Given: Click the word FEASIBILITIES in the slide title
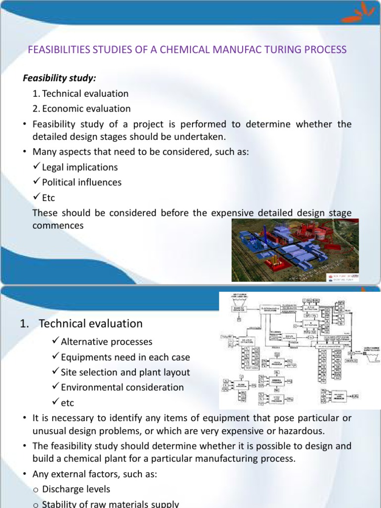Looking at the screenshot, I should [58, 50].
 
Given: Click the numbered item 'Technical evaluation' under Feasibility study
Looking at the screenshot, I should [85, 94].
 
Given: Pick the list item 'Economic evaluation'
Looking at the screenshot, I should [86, 109].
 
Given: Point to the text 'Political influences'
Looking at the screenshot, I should [82, 182].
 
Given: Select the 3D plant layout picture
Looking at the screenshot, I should [295, 250].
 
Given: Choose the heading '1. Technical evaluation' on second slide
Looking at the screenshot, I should [81, 324].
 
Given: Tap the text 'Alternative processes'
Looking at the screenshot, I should [107, 342].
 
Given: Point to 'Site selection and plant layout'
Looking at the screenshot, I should [125, 372].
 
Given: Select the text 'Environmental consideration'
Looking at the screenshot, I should [122, 387].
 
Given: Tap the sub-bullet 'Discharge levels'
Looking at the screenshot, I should [76, 489].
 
